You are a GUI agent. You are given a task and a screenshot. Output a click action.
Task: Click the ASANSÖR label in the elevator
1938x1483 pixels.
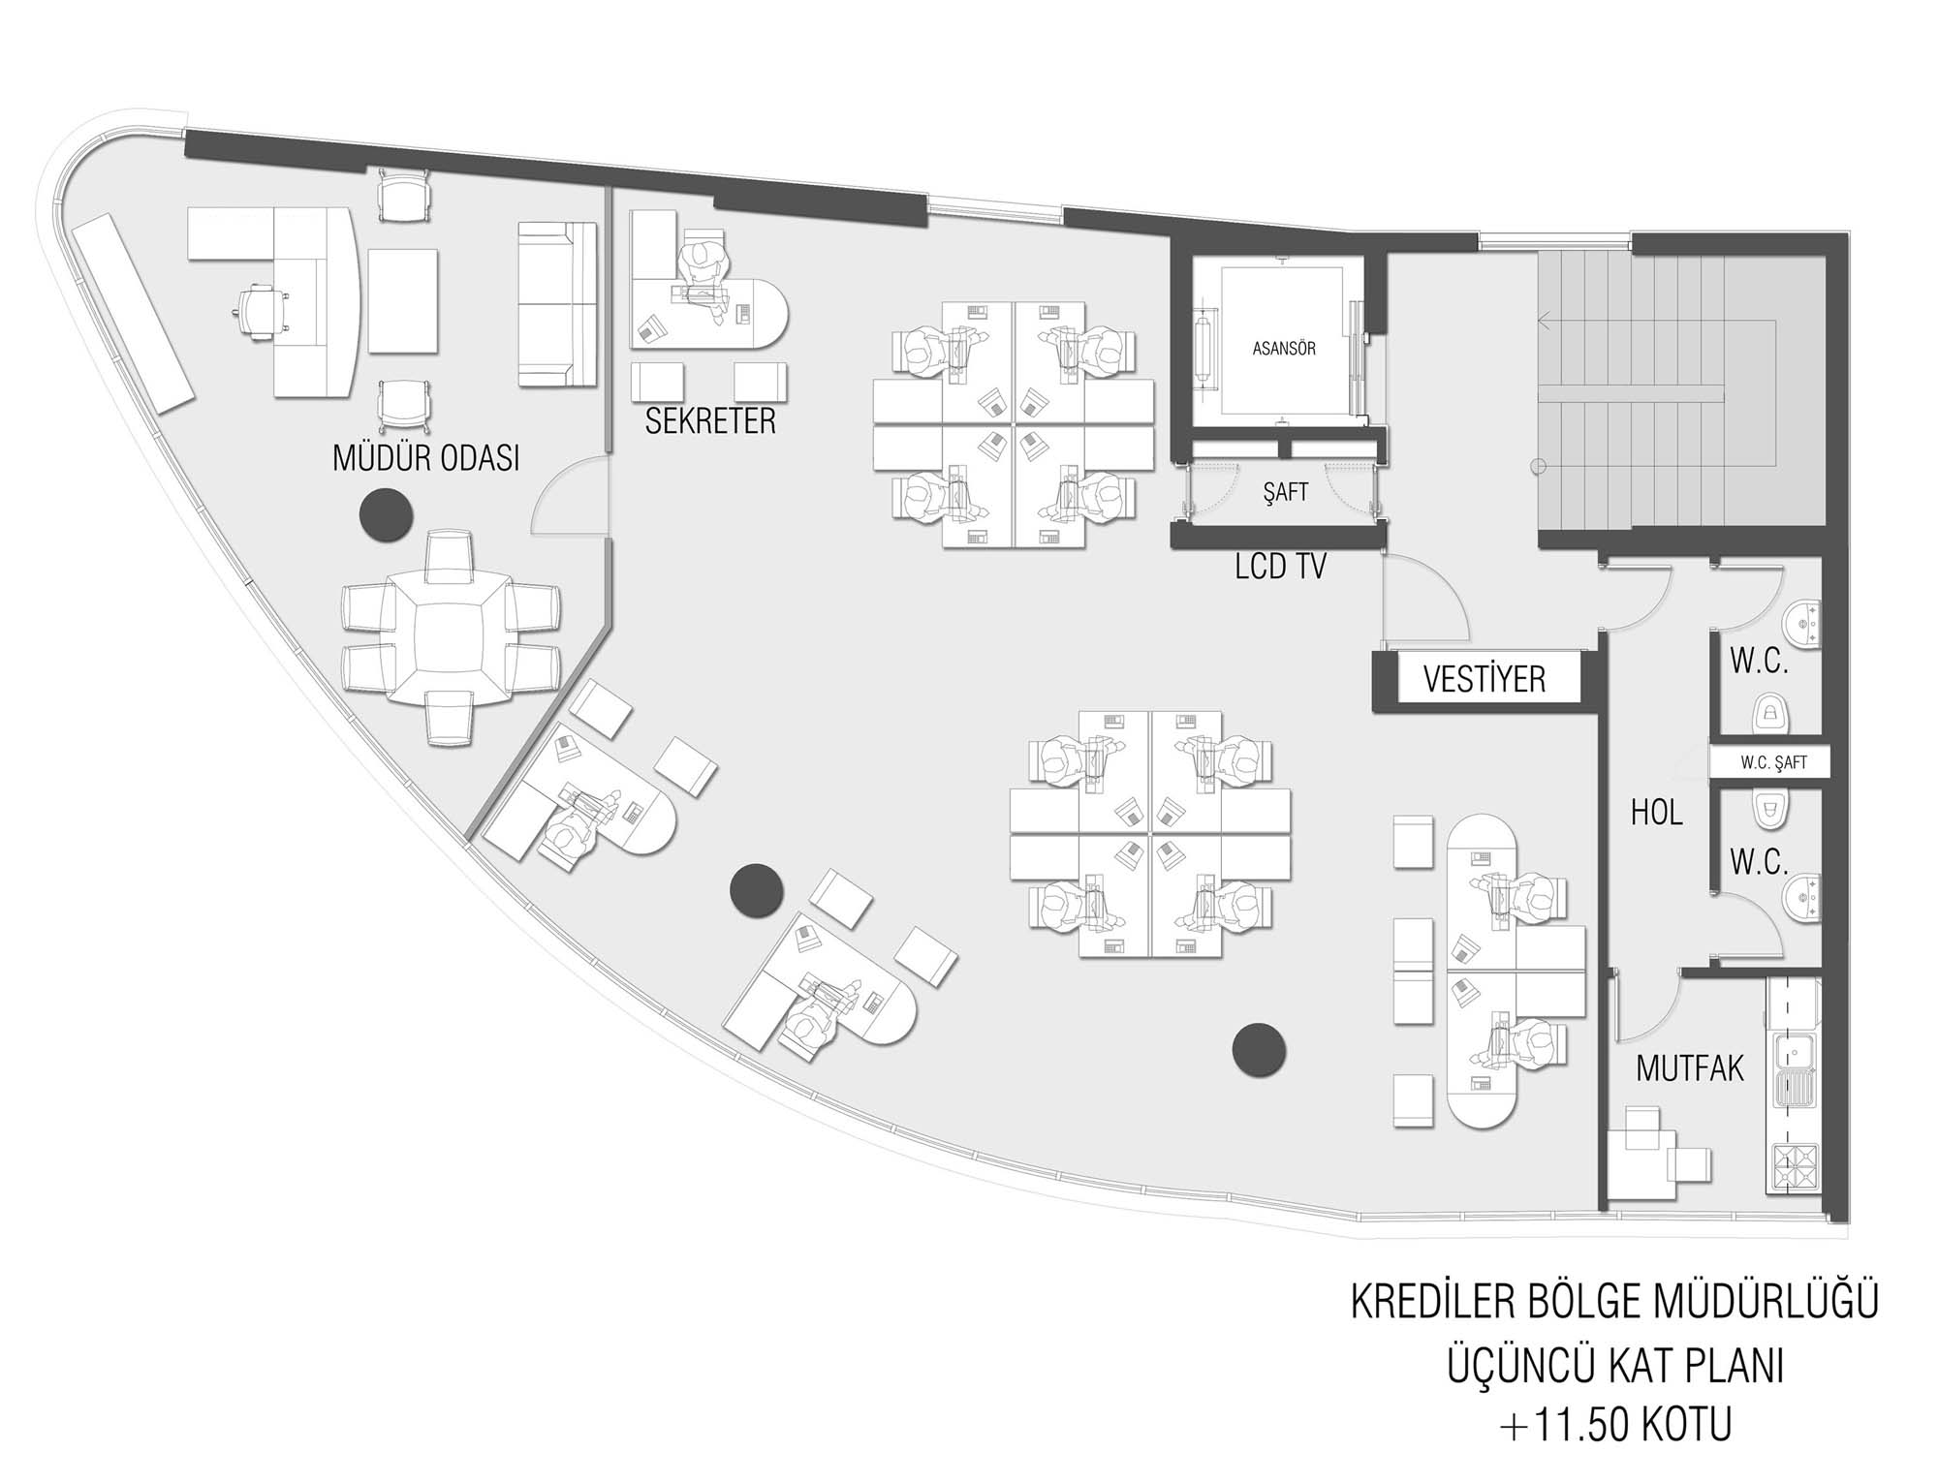tap(1284, 348)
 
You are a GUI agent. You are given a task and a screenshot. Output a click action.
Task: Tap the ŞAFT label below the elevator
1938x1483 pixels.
tap(1286, 492)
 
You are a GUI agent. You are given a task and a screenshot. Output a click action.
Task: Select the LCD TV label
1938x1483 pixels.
tap(1280, 567)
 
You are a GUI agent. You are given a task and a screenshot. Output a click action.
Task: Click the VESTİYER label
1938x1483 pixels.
tap(1484, 679)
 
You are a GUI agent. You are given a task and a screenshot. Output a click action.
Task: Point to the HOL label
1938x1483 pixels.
tap(1656, 812)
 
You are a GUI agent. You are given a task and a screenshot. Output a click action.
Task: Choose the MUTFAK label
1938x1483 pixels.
tap(1690, 1068)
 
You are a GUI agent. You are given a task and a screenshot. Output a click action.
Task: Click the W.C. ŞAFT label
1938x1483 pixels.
tap(1773, 762)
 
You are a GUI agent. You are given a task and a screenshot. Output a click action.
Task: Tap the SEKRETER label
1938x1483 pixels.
tap(710, 421)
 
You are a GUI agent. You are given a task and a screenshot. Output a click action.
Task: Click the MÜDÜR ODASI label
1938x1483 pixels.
tap(425, 458)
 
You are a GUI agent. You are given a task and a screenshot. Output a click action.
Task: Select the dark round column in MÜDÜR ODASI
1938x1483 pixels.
tap(387, 514)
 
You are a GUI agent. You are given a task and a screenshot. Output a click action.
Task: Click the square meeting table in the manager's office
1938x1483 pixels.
tap(450, 637)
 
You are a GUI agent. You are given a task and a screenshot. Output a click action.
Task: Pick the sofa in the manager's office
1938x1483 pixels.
tap(557, 304)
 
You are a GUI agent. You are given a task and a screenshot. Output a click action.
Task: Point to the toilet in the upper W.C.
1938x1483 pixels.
tap(1770, 713)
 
